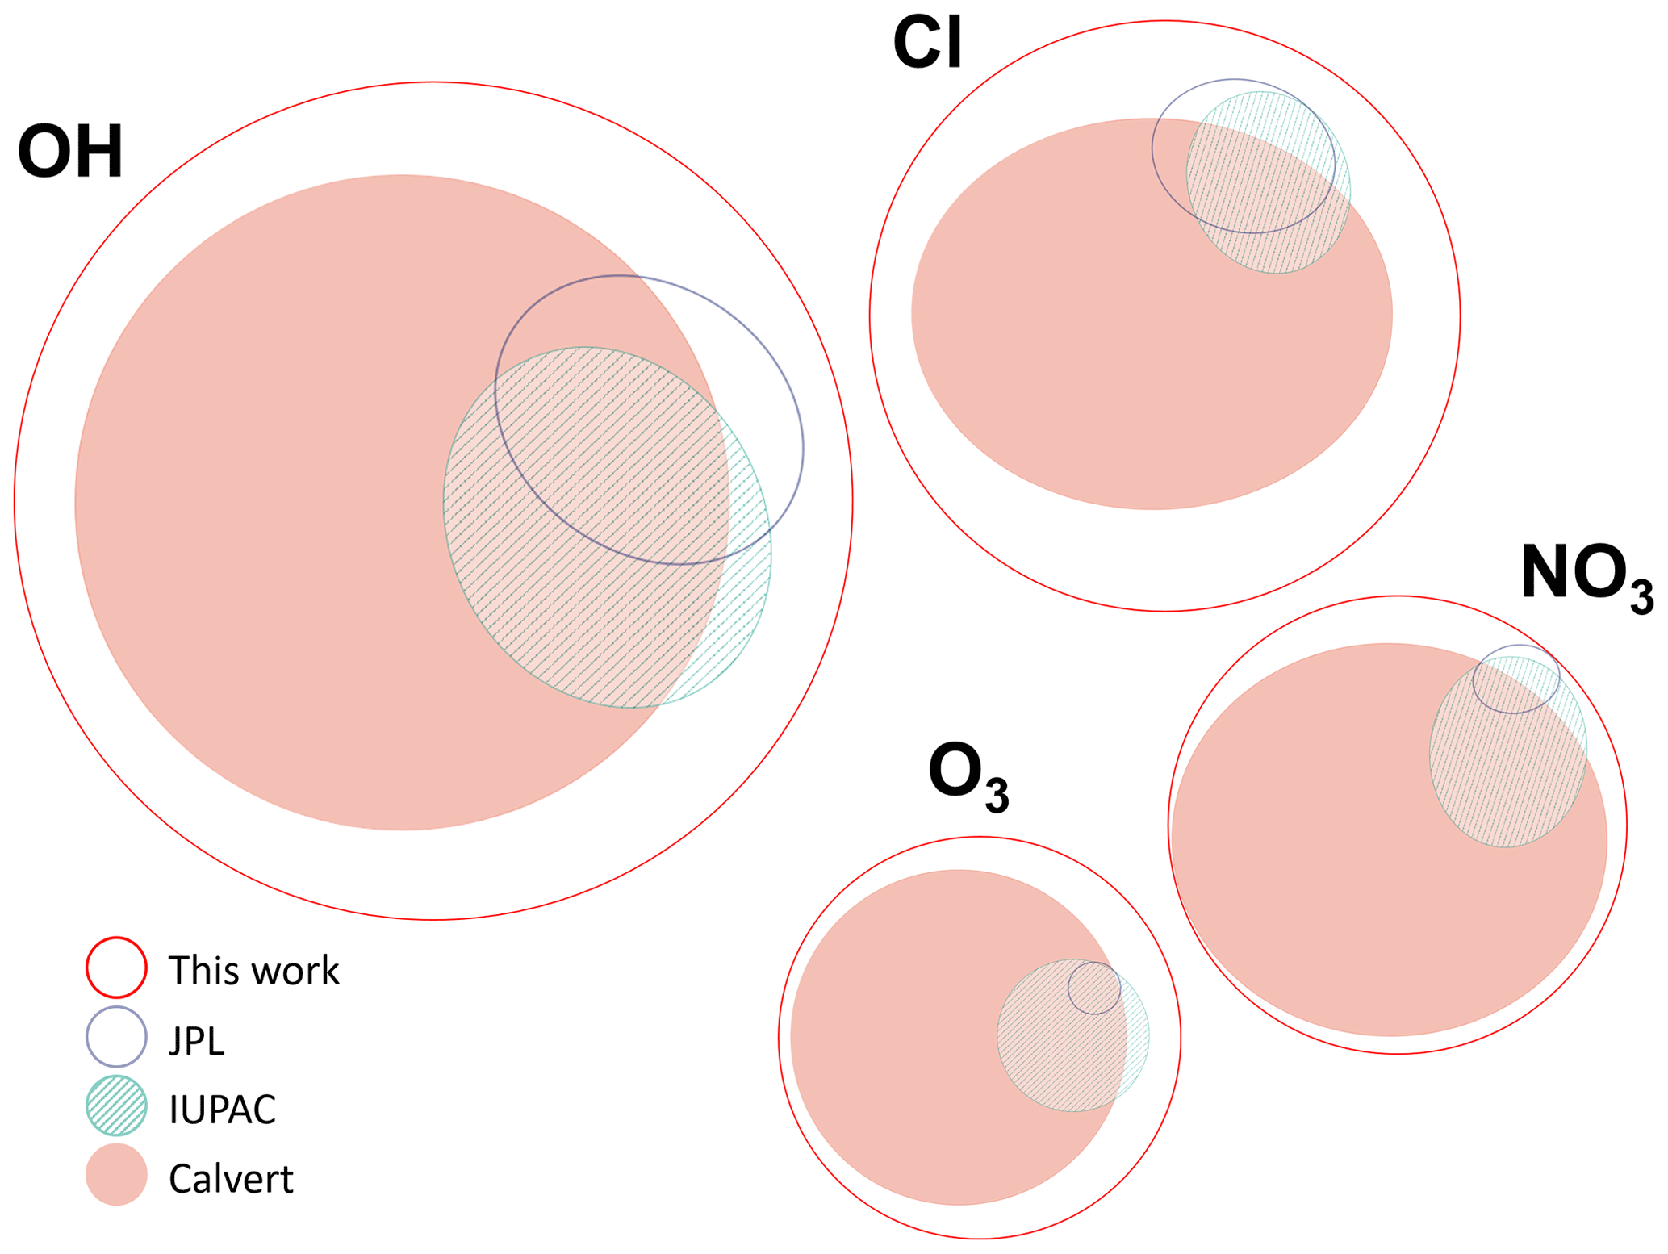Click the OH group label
(70, 152)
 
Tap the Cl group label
(927, 44)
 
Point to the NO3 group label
(1586, 574)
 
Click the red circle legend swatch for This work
(116, 967)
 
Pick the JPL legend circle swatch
(116, 1036)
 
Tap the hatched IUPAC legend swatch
(116, 1106)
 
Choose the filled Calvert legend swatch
(116, 1175)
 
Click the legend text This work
(253, 970)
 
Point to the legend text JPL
(196, 1040)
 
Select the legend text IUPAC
(222, 1110)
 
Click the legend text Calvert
(231, 1179)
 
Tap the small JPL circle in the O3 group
(1094, 988)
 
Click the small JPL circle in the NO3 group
(1515, 679)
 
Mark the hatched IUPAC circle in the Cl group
(1275, 234)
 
